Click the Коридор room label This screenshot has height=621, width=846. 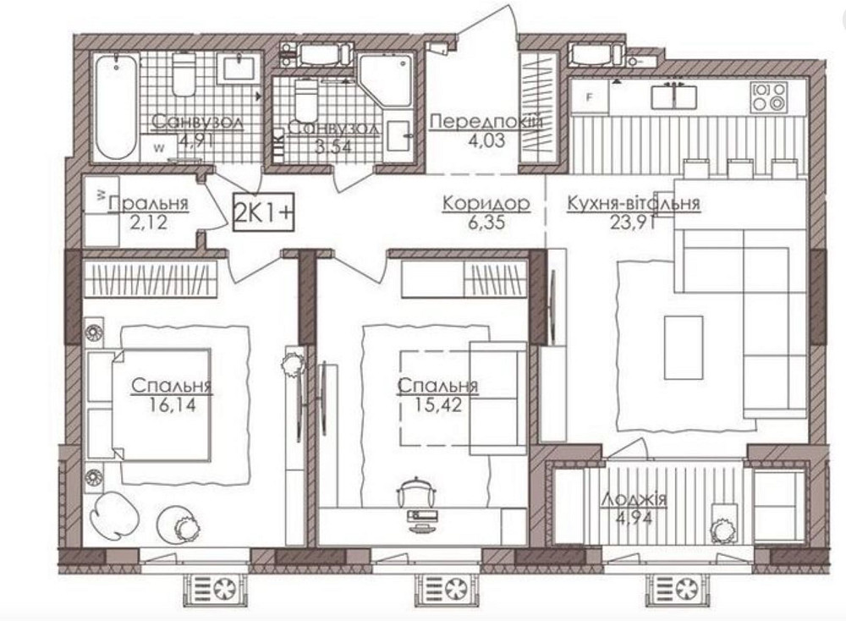[x=486, y=204]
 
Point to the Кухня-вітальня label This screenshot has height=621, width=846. [x=634, y=204]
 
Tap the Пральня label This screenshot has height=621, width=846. [x=147, y=204]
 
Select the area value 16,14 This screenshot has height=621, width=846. [x=172, y=405]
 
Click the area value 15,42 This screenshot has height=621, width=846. [x=438, y=405]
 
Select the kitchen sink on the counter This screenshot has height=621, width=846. [x=674, y=96]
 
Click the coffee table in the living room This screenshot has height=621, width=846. [x=684, y=347]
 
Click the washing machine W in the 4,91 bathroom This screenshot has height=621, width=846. [x=159, y=147]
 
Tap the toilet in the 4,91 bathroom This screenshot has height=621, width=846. [x=184, y=76]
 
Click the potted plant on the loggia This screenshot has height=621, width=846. [x=723, y=529]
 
